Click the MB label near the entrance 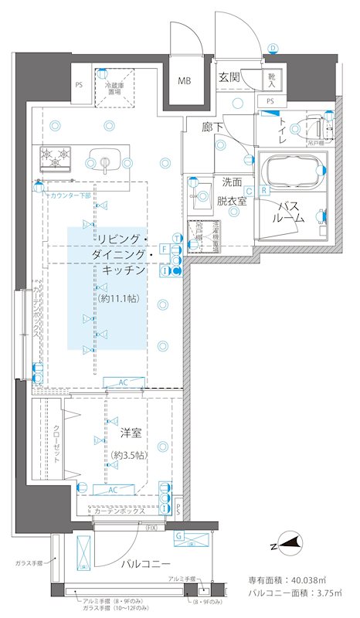[185, 80]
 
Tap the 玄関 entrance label [229, 76]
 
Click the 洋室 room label [130, 433]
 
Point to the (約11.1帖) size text [118, 299]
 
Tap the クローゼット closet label [56, 443]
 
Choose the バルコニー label [144, 563]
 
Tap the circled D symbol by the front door [273, 48]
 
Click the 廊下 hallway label [213, 126]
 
